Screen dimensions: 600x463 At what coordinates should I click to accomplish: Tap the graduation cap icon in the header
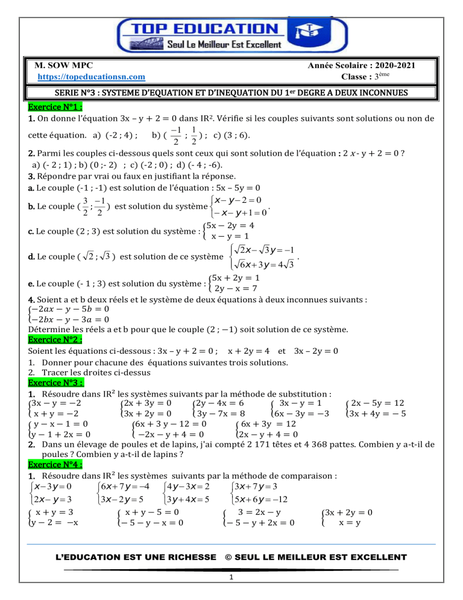[304, 33]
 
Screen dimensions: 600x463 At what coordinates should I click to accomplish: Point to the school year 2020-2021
[383, 65]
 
